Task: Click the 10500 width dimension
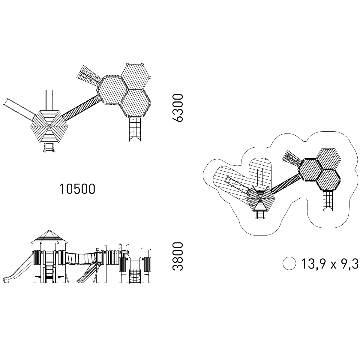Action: (77, 189)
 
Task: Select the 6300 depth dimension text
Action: (177, 108)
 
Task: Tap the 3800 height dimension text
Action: (177, 256)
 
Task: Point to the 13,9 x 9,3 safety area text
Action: (330, 264)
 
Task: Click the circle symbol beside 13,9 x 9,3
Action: (289, 263)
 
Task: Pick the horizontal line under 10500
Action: (77, 200)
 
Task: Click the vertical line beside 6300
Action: (189, 108)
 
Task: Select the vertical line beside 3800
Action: (189, 256)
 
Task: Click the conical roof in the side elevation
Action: (49, 237)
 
